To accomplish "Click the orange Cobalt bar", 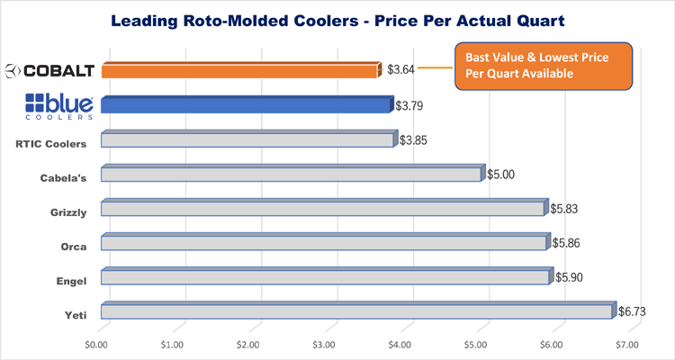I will (x=238, y=70).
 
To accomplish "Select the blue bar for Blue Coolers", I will (x=247, y=104).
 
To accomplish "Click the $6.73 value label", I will (x=634, y=311).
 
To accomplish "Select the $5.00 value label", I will (x=500, y=174).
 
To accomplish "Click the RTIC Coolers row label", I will (x=51, y=142).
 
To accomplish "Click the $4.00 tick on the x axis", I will (x=400, y=344).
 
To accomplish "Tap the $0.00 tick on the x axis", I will (x=96, y=344).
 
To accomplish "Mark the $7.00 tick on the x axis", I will (x=627, y=344).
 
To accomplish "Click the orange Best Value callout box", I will (x=543, y=66).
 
